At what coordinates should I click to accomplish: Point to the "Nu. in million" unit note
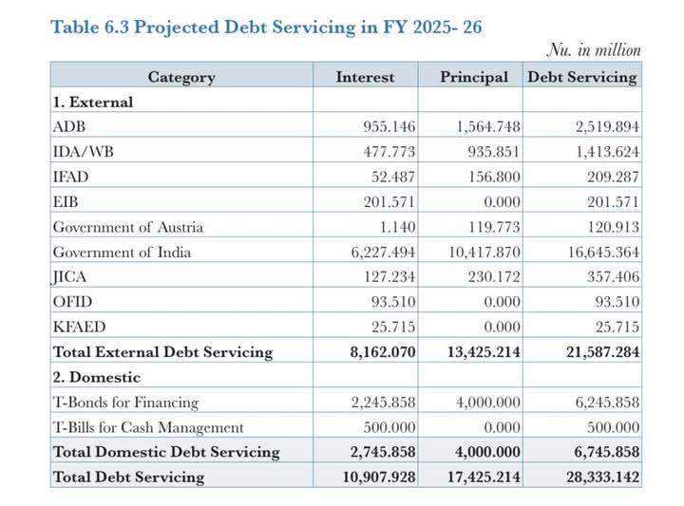[x=594, y=50]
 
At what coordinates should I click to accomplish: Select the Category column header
[x=181, y=77]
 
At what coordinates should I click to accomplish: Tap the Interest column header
[x=365, y=77]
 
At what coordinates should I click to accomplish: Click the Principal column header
[x=474, y=77]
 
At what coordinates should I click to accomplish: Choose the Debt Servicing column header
[x=582, y=77]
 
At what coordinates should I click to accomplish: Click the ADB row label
[x=69, y=127]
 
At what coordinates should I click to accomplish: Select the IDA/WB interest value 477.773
[x=389, y=152]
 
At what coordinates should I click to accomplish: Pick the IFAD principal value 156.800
[x=494, y=177]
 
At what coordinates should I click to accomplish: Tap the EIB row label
[x=66, y=202]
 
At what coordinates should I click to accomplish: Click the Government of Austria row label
[x=128, y=227]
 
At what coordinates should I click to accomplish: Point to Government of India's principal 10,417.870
[x=484, y=253]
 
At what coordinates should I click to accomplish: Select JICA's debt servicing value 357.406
[x=613, y=277]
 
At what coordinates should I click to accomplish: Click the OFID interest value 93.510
[x=393, y=302]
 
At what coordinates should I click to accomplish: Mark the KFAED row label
[x=79, y=327]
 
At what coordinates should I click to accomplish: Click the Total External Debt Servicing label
[x=162, y=352]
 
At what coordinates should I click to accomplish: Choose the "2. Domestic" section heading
[x=96, y=377]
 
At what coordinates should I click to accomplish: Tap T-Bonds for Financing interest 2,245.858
[x=383, y=403]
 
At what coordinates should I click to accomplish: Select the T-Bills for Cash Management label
[x=148, y=427]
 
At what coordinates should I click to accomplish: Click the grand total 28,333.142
[x=603, y=478]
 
